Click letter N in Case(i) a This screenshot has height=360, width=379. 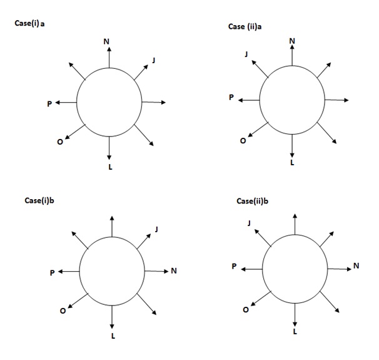click(106, 41)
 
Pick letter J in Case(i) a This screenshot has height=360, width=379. click(154, 60)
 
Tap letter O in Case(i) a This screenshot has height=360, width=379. click(59, 142)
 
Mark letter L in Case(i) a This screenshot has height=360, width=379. click(110, 167)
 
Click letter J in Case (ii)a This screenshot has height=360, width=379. click(246, 55)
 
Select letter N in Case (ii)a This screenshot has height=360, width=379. click(292, 41)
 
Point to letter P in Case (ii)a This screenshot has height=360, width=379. click(231, 98)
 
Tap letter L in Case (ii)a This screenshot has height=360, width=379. click(292, 163)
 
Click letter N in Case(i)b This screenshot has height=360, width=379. click(174, 271)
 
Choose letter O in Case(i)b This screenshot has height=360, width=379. click(62, 312)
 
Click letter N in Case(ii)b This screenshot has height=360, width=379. click(356, 266)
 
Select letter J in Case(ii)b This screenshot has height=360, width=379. click(250, 224)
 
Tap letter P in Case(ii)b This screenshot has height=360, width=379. click(234, 267)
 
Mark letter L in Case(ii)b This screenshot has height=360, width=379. click(295, 331)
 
